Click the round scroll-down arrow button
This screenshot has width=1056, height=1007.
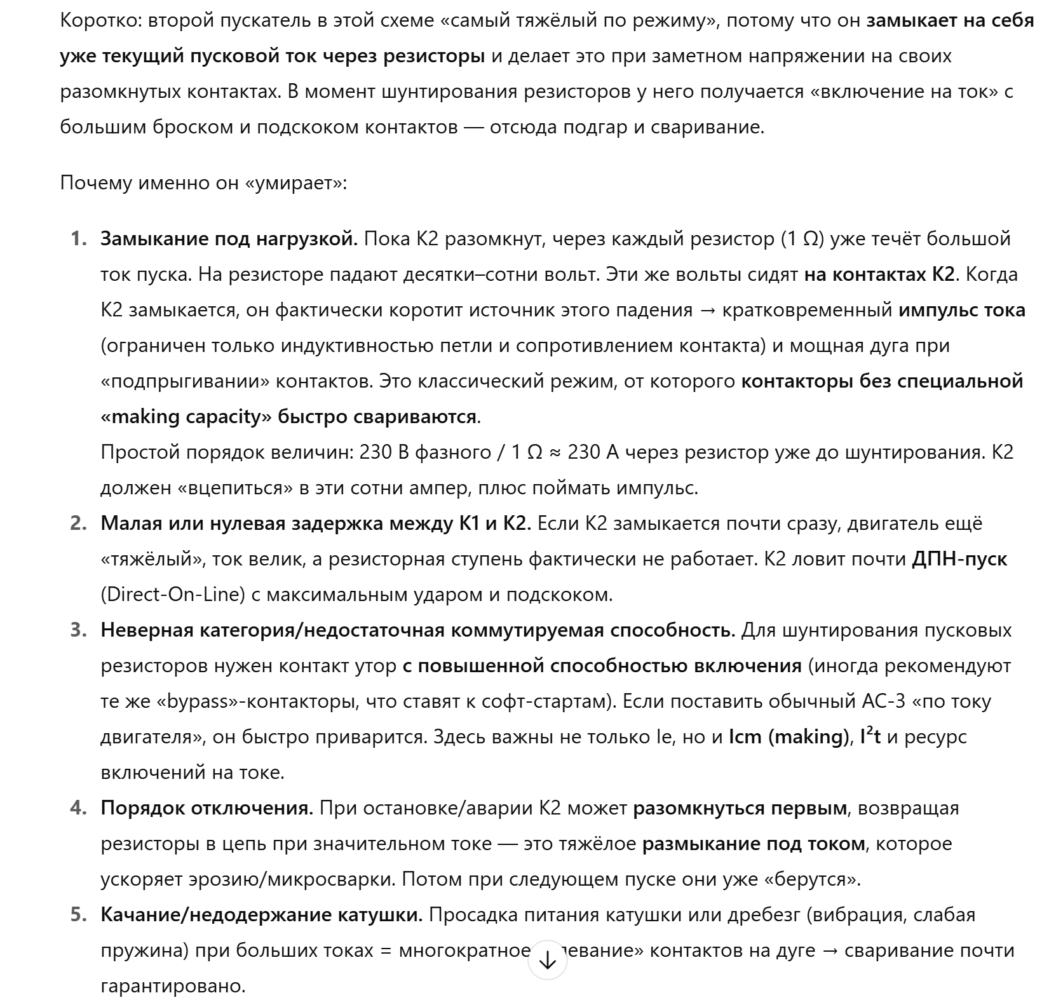point(547,961)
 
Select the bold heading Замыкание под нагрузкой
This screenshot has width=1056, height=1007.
point(229,239)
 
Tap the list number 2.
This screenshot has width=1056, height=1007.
point(78,524)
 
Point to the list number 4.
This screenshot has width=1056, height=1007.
point(78,808)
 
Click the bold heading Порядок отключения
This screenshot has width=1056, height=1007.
point(207,808)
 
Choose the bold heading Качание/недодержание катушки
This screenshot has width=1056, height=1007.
point(262,915)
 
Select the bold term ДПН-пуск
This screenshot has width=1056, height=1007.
point(959,559)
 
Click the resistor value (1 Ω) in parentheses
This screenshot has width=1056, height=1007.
point(802,239)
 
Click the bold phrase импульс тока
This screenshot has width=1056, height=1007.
point(962,310)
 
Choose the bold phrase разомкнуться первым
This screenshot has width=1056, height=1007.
point(740,808)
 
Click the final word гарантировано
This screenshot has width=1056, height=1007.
point(173,986)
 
